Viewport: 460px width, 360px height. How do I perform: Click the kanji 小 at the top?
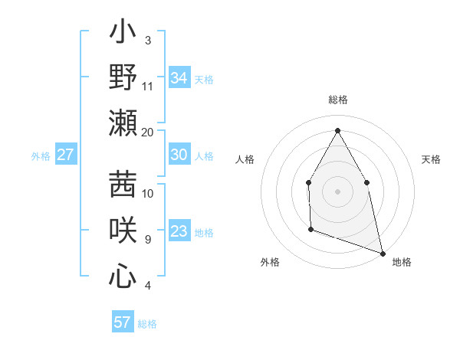tap(123, 33)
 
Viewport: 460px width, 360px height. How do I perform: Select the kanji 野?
tap(123, 77)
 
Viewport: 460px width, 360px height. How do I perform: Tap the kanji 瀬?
tap(123, 123)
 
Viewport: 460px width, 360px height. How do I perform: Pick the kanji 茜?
tap(123, 184)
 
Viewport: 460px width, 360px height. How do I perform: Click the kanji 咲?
tap(123, 230)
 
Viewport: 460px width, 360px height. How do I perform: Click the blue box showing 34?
tap(179, 78)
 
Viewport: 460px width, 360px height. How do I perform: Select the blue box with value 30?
tap(179, 155)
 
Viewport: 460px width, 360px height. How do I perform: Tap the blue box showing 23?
tap(179, 231)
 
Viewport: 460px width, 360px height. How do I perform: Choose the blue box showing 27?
tap(65, 155)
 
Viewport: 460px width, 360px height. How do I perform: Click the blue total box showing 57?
tap(123, 322)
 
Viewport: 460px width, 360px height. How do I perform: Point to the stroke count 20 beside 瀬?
tap(148, 133)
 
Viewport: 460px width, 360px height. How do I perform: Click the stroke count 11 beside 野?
tap(148, 87)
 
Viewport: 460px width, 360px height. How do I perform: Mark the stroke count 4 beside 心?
tap(148, 286)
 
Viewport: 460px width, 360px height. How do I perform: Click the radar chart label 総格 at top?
tap(337, 100)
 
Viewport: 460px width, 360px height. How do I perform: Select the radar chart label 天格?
tap(432, 159)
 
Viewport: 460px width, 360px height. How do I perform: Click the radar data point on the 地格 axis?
tap(382, 252)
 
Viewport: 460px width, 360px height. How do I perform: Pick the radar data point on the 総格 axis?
tap(337, 129)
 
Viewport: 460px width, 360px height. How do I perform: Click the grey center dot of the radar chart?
tap(337, 191)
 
